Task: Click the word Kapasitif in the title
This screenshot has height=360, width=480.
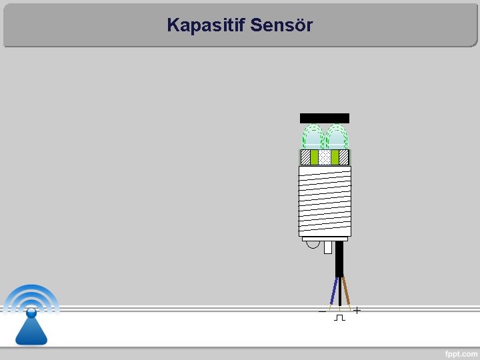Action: pyautogui.click(x=205, y=25)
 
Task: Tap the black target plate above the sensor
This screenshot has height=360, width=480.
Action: pyautogui.click(x=325, y=118)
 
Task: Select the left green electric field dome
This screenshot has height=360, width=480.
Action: pyautogui.click(x=312, y=137)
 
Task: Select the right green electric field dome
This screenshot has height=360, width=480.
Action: pyautogui.click(x=337, y=137)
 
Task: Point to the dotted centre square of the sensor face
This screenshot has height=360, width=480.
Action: pyautogui.click(x=325, y=157)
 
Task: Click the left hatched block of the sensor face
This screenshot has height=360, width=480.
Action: pyautogui.click(x=305, y=157)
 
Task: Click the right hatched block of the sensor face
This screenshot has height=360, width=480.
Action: pyautogui.click(x=344, y=157)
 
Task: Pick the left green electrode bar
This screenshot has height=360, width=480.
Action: pyautogui.click(x=314, y=157)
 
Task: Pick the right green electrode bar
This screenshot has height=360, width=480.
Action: pyautogui.click(x=335, y=157)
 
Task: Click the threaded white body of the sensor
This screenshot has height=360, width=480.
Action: pyautogui.click(x=325, y=200)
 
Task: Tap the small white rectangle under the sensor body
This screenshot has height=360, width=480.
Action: pyautogui.click(x=328, y=247)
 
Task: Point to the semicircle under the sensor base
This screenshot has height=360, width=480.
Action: pyautogui.click(x=313, y=245)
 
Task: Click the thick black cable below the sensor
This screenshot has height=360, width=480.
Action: pyautogui.click(x=339, y=260)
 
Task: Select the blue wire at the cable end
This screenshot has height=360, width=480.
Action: pyautogui.click(x=333, y=291)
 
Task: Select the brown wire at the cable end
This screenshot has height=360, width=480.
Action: pyautogui.click(x=346, y=291)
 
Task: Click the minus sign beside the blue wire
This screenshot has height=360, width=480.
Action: pyautogui.click(x=322, y=311)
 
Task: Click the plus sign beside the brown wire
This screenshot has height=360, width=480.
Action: pyautogui.click(x=357, y=311)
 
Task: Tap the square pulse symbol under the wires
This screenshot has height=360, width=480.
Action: pyautogui.click(x=339, y=317)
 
